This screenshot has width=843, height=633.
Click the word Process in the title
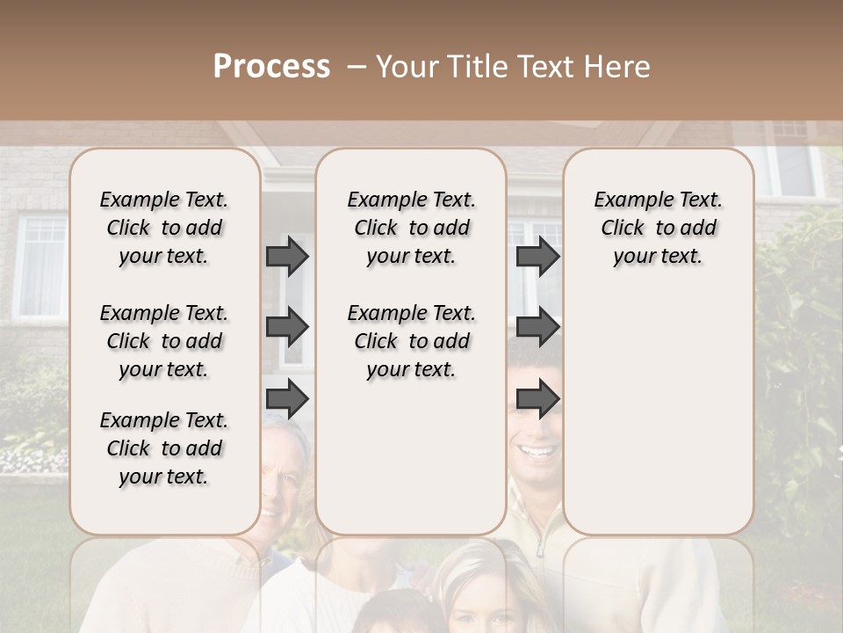coord(271,67)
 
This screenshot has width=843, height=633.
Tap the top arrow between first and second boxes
coord(287,256)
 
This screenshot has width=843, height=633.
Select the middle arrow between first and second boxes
coord(287,328)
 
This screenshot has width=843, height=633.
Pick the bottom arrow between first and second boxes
coord(287,399)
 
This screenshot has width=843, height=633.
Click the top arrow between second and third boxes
coord(537,256)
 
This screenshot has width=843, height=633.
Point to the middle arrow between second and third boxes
coord(537,328)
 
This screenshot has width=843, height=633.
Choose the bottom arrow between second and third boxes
coord(537,399)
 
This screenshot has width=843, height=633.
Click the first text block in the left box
coord(164,228)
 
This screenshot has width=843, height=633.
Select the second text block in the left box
coord(164,341)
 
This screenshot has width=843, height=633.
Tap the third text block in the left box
coord(164,448)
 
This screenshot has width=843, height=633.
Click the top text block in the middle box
coord(411,228)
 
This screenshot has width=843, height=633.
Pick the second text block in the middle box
coord(411,341)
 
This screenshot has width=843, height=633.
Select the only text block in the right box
coord(658,228)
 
